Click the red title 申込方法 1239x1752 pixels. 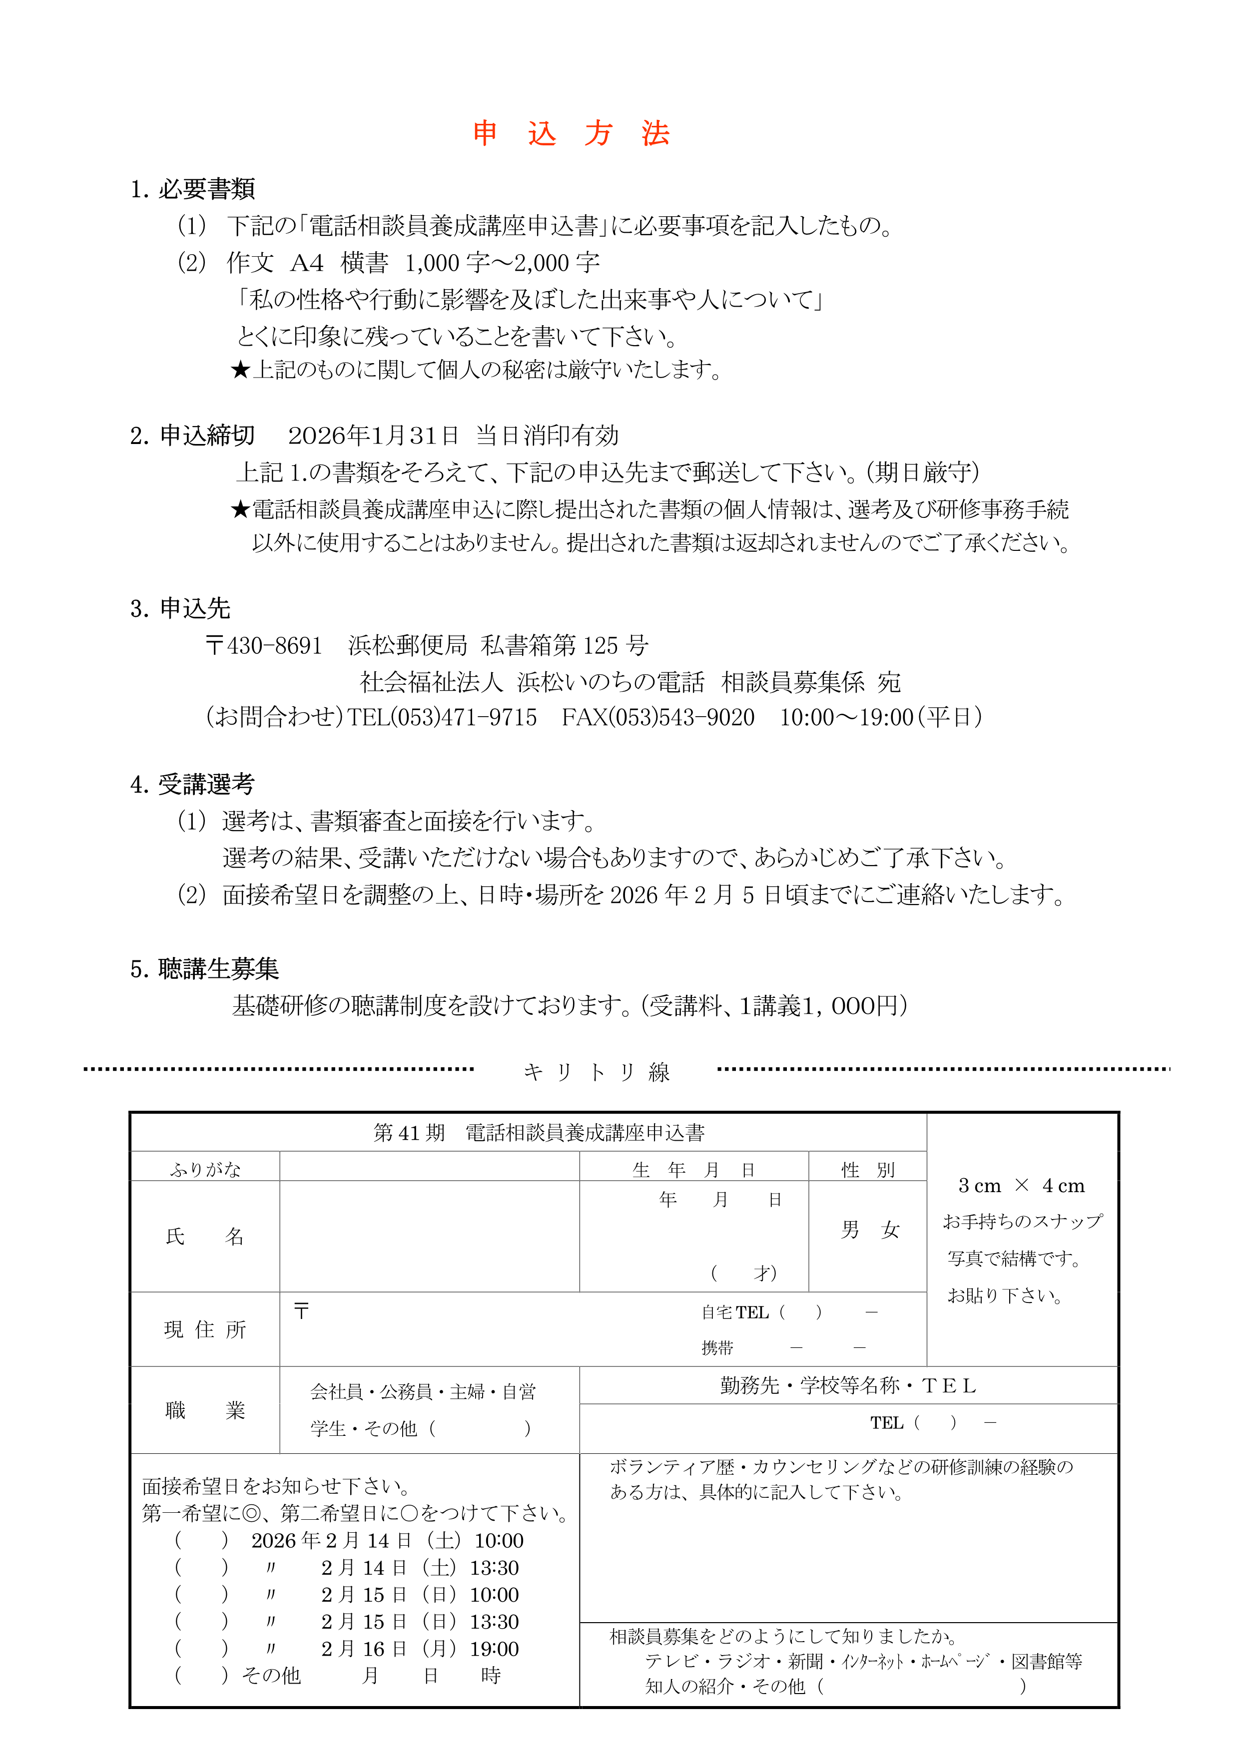coord(571,133)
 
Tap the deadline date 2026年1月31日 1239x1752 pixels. coord(373,436)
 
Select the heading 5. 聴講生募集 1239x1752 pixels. coord(205,969)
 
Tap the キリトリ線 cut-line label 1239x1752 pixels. coord(596,1072)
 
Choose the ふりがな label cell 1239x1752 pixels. coord(205,1169)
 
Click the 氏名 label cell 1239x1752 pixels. coord(205,1236)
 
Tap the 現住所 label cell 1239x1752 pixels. coord(205,1329)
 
